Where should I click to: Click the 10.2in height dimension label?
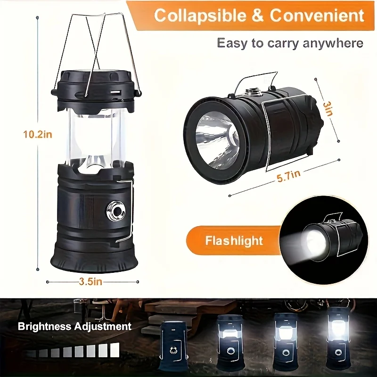[x=38, y=134]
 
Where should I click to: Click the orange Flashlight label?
[x=234, y=241]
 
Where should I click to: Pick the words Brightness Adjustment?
[x=74, y=326]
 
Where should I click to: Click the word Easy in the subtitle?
[x=232, y=43]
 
